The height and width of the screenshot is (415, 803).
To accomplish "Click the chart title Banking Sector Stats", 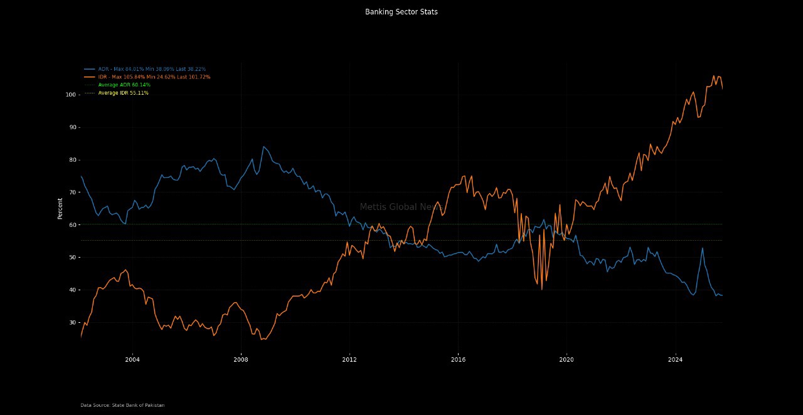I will (401, 12).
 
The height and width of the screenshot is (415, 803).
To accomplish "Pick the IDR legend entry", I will (154, 77).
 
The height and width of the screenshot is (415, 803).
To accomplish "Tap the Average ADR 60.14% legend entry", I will (124, 85).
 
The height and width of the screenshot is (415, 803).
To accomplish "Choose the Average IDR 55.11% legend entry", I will (123, 93).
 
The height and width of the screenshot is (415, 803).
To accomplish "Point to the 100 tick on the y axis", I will (70, 95).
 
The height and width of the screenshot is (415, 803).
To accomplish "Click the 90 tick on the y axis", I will (72, 127).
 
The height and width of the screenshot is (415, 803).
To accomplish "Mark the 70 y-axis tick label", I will (72, 192).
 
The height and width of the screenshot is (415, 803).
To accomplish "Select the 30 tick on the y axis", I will (72, 323).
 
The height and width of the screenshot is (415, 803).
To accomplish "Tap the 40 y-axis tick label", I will (72, 290).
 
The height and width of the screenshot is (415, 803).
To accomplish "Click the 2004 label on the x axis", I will (132, 360).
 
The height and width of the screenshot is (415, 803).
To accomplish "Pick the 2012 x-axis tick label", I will (349, 360).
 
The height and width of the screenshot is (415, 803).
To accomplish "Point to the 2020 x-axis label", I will (566, 360).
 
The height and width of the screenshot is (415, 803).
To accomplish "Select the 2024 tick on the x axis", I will (675, 360).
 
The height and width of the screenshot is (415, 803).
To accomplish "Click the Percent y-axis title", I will (60, 208).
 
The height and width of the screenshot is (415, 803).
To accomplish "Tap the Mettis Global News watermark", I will (401, 207).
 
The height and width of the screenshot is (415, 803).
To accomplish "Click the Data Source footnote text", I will (122, 406).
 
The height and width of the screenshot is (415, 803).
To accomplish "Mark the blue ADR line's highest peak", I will (263, 147).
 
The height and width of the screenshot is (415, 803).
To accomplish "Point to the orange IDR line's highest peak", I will (713, 76).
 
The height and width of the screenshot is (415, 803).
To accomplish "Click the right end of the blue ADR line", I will (722, 295).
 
